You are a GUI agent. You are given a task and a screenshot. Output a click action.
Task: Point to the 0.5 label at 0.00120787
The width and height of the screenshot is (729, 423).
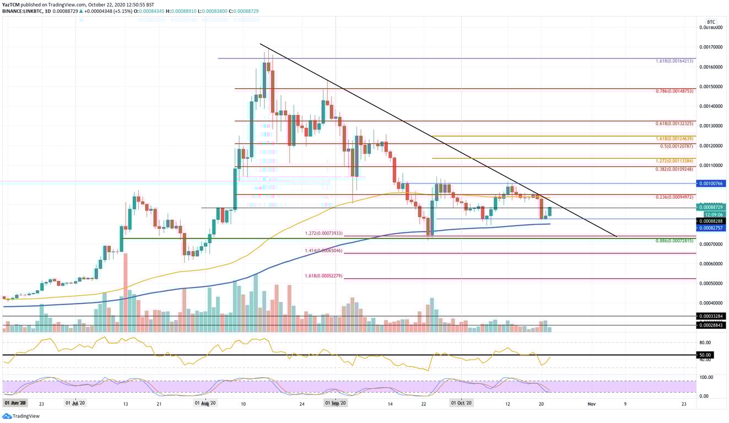coord(677,146)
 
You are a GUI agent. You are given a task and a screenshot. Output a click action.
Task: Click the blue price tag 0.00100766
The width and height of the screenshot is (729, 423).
coord(711,183)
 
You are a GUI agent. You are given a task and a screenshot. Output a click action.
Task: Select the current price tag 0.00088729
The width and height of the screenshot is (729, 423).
coord(711,207)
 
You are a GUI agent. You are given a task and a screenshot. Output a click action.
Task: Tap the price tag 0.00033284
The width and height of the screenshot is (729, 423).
coord(711,317)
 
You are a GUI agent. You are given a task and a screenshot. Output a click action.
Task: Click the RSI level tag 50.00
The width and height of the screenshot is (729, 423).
coord(705,355)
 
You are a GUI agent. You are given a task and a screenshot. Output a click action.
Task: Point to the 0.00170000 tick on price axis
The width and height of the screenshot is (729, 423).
coord(711,47)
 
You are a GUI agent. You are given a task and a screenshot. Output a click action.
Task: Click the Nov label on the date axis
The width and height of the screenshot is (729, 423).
coord(591,404)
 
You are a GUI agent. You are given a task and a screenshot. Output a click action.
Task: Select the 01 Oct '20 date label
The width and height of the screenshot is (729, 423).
coord(461,404)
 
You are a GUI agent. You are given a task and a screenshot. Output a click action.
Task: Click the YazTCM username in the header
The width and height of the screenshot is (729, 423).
coord(10,4)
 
